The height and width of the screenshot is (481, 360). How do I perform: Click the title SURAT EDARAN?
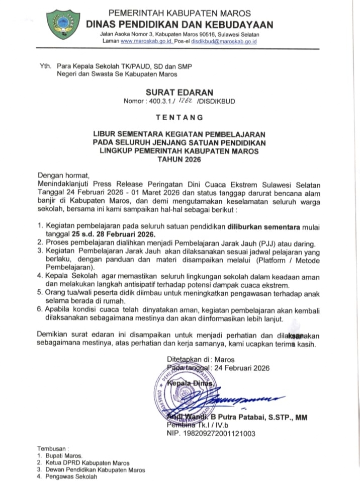click(179, 92)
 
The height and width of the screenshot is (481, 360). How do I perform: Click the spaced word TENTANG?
click(179, 117)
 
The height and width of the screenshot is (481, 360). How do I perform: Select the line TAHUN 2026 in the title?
click(179, 160)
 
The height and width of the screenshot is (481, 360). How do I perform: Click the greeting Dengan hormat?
click(63, 176)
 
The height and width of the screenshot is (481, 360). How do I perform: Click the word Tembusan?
click(52, 448)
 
